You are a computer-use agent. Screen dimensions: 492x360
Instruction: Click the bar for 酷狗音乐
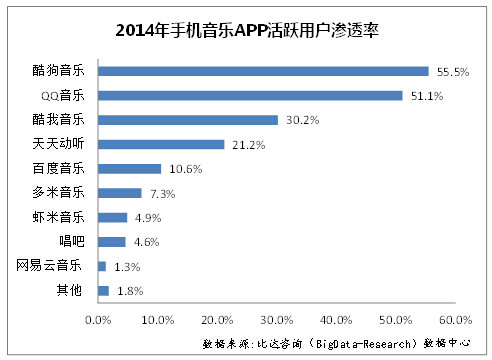click(x=263, y=71)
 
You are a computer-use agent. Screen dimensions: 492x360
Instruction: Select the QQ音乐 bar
click(x=250, y=96)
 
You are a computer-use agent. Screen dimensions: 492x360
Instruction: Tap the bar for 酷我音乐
click(x=188, y=120)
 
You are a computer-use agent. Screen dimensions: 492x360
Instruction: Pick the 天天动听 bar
click(x=161, y=144)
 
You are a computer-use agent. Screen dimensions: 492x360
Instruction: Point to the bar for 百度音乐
click(x=130, y=169)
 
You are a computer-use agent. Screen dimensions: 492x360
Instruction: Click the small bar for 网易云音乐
click(x=102, y=266)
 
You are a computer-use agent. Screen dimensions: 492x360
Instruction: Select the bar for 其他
click(x=103, y=291)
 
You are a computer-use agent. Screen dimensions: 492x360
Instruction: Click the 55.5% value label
click(x=453, y=72)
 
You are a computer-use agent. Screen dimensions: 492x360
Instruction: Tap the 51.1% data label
click(x=427, y=96)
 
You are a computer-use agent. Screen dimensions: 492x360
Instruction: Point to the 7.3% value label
click(x=163, y=194)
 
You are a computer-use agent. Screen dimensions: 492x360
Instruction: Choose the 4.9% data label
click(x=148, y=218)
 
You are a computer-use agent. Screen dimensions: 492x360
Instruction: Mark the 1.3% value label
click(x=127, y=267)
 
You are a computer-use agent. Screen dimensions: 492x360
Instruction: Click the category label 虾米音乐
click(x=58, y=217)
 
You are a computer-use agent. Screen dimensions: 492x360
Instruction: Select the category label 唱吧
click(x=72, y=241)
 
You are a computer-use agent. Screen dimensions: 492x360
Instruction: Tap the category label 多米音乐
click(x=58, y=192)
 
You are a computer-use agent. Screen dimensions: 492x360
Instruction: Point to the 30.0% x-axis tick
click(x=277, y=320)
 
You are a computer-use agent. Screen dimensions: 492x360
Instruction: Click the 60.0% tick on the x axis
click(x=455, y=320)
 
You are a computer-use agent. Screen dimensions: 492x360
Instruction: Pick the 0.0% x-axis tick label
click(x=98, y=320)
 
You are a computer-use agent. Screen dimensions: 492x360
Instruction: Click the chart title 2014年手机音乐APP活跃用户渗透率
click(x=247, y=31)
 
